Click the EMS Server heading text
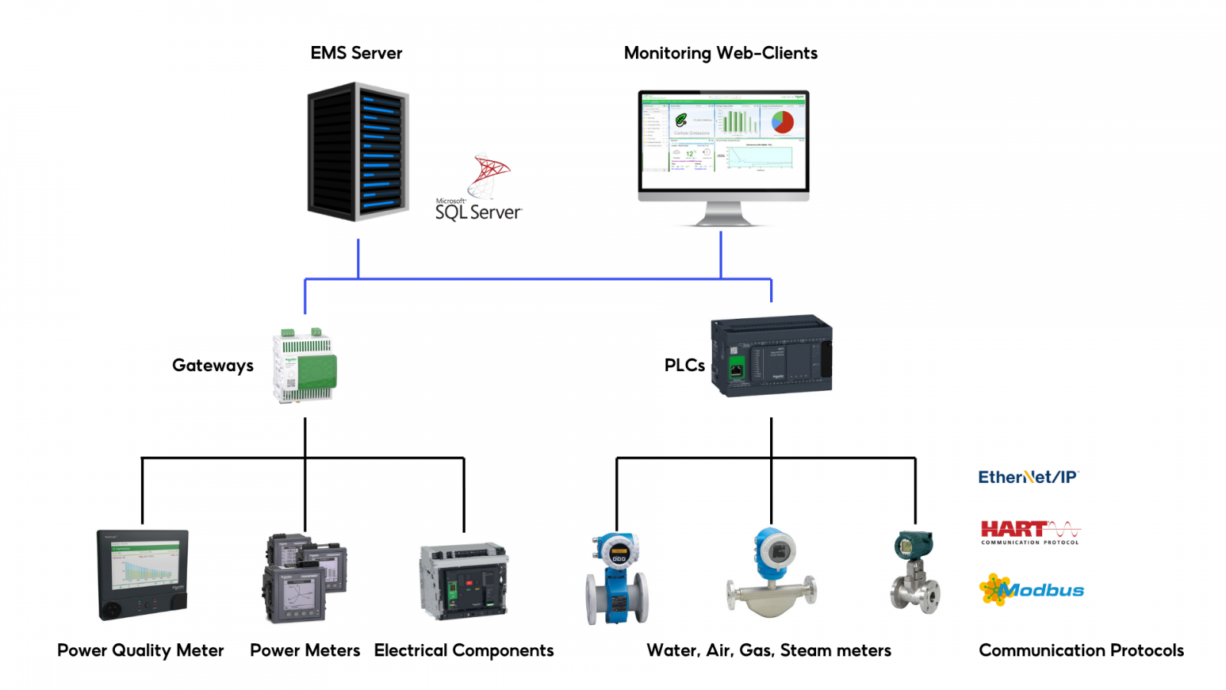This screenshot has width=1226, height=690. (356, 53)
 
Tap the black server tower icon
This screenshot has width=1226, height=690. (357, 153)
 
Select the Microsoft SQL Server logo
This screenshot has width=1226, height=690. (479, 189)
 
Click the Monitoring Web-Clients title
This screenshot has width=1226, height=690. (720, 53)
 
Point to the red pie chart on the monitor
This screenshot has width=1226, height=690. (782, 122)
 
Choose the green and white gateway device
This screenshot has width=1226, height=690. (305, 366)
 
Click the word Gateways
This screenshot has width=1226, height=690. (212, 366)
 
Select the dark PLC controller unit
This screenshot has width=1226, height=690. (771, 355)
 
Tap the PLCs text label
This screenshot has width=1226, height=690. (684, 366)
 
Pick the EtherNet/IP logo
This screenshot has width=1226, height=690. (1028, 477)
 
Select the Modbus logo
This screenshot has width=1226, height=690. (1031, 590)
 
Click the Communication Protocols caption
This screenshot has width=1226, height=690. (1081, 651)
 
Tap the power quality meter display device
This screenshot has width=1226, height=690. (143, 574)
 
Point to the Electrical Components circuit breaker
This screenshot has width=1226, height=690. (464, 581)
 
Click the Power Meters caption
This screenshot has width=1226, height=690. (305, 651)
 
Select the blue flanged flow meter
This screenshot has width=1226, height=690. (617, 579)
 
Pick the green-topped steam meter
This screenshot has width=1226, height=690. (915, 572)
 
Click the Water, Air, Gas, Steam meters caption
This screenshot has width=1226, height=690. (769, 651)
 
